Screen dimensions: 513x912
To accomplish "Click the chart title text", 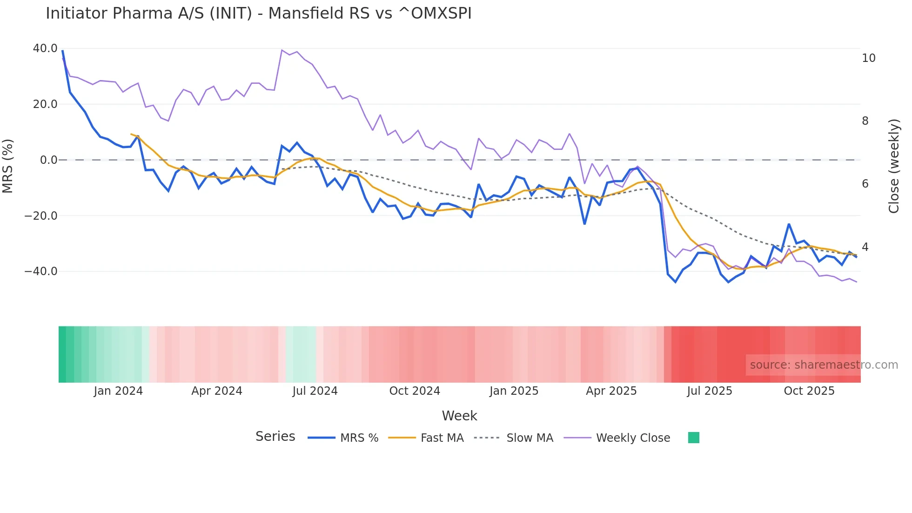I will (x=258, y=13).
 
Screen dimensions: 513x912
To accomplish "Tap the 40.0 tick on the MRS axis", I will (x=45, y=48).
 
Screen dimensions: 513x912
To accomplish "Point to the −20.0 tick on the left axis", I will (x=41, y=216).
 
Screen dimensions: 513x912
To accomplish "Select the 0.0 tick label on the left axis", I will (x=48, y=160).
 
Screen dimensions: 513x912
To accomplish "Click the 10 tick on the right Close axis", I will (x=868, y=58).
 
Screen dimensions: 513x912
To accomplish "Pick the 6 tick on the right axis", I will (x=865, y=184).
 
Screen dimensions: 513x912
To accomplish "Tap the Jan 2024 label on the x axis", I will (x=118, y=391).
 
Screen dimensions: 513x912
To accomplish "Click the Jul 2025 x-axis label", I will (x=709, y=391).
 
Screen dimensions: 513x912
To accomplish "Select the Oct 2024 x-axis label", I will (x=414, y=391).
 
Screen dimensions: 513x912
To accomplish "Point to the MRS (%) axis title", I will (x=8, y=166).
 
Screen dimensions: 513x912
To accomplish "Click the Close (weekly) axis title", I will (x=893, y=166).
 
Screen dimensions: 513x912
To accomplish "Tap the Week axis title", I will (x=459, y=416).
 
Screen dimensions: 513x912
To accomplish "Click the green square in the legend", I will (x=693, y=438).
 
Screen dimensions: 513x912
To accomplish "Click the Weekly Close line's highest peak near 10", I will (x=282, y=50).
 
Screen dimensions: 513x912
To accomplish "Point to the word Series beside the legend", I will (x=275, y=437).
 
